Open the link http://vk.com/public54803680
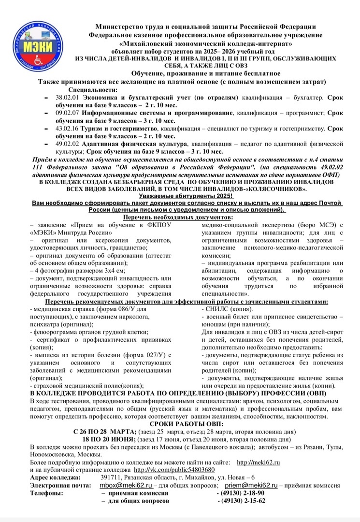(x=174, y=470)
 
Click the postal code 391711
(x=111, y=478)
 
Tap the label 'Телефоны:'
(x=46, y=493)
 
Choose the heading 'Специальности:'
(x=93, y=90)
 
